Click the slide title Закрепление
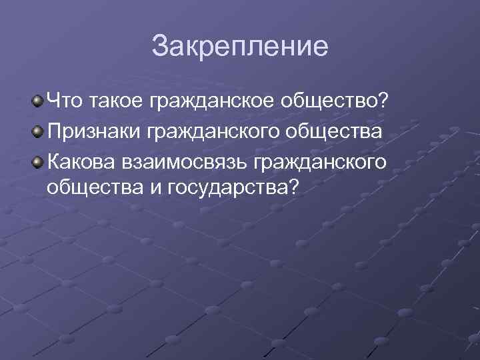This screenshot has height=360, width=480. pyautogui.click(x=240, y=47)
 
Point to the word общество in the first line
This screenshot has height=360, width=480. pyautogui.click(x=329, y=102)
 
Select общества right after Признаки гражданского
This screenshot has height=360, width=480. pyautogui.click(x=335, y=131)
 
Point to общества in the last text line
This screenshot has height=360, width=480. pyautogui.click(x=93, y=187)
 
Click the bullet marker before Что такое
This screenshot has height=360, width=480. pyautogui.click(x=39, y=102)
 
